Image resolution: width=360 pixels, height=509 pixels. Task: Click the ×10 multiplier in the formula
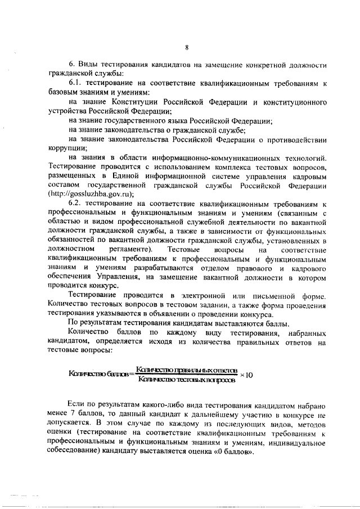pos(247,375)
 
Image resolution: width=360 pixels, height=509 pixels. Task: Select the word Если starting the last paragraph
pos(76,405)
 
